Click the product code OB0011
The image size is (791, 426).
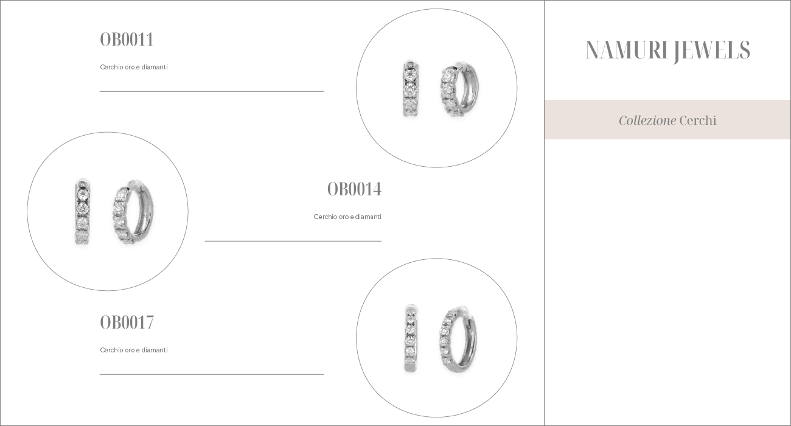[x=127, y=39]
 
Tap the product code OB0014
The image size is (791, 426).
[x=354, y=189]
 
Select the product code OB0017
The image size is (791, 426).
[x=127, y=322]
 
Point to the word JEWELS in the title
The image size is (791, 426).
[x=711, y=51]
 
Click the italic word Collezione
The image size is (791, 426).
[x=647, y=120]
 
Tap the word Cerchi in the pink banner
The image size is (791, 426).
[x=698, y=120]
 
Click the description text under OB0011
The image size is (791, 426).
[x=134, y=67]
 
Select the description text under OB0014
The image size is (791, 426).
[x=347, y=217]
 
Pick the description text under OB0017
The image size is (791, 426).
[x=134, y=350]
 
